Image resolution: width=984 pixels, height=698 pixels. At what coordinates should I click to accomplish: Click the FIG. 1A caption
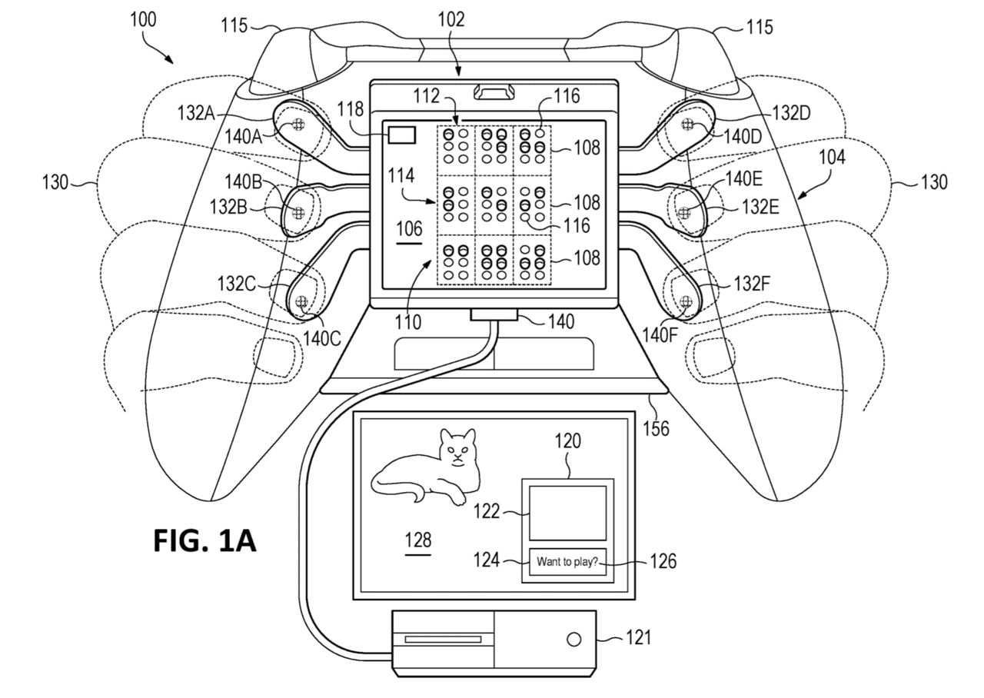(204, 540)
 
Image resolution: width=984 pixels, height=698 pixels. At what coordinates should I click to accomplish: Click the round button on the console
(573, 640)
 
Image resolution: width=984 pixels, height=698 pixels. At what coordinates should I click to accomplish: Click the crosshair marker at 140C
(301, 302)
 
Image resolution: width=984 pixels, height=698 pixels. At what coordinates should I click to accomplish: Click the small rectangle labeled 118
(402, 135)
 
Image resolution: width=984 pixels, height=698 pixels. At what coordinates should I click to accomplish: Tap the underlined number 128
(418, 540)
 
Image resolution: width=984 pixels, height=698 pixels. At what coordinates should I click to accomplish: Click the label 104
(832, 158)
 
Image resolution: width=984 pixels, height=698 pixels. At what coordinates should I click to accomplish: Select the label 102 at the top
(451, 21)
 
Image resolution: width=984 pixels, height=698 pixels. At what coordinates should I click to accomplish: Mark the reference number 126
(661, 562)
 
